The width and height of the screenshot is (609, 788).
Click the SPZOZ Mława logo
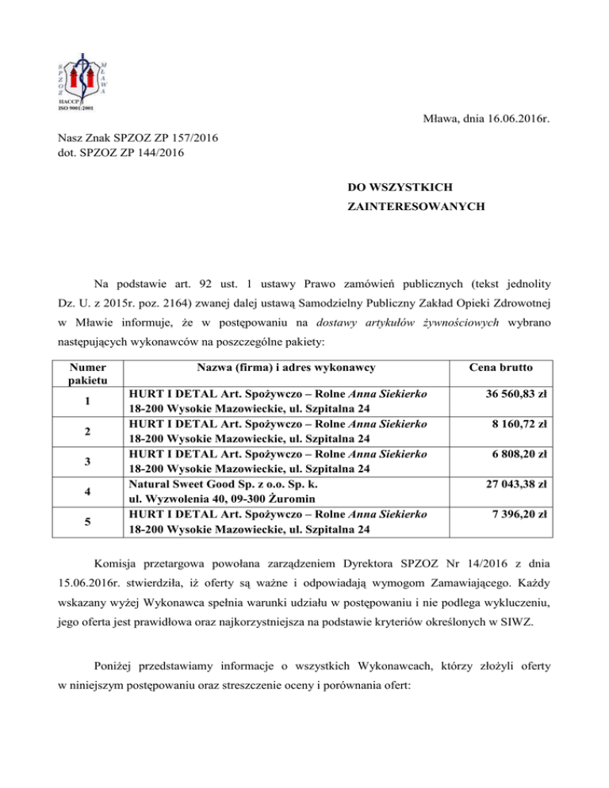tap(82, 81)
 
